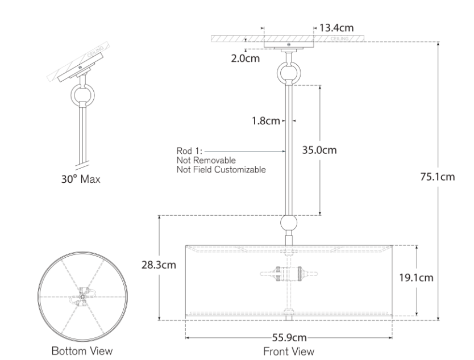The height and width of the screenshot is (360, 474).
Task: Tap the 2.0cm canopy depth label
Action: click(x=245, y=58)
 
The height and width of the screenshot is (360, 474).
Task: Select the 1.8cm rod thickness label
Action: click(x=266, y=121)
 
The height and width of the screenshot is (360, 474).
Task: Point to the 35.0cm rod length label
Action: click(x=319, y=150)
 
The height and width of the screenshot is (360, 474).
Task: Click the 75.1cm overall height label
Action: click(x=438, y=177)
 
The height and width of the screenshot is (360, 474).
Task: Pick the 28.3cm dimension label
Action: click(x=159, y=265)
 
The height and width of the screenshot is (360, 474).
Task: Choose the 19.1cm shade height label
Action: click(x=416, y=278)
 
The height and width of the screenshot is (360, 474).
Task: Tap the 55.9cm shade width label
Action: click(x=289, y=337)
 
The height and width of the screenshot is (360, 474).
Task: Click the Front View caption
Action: click(x=289, y=351)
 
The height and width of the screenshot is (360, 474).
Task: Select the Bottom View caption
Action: click(x=82, y=351)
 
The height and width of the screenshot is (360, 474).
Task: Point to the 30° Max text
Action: click(x=81, y=179)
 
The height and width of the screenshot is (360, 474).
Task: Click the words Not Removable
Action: click(x=206, y=160)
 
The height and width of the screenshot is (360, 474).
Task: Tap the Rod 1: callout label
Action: click(x=189, y=150)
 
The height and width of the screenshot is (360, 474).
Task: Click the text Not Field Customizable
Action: click(x=221, y=169)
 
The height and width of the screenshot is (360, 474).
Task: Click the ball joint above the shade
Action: click(x=289, y=223)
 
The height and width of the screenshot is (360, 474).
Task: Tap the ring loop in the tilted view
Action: click(x=82, y=95)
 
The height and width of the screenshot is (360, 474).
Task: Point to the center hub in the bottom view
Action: click(x=82, y=297)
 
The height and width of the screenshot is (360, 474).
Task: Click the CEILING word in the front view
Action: click(x=339, y=39)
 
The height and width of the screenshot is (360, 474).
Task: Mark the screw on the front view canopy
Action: click(x=289, y=44)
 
